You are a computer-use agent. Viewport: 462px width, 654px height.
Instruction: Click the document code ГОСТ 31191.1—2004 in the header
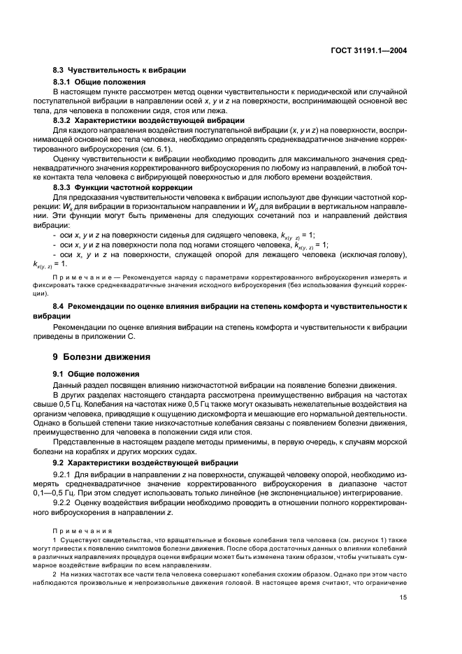click(x=369, y=50)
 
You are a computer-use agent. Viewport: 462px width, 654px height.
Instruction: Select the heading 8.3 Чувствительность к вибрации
click(x=119, y=71)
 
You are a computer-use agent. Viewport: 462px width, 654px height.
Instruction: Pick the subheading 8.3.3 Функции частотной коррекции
click(x=123, y=187)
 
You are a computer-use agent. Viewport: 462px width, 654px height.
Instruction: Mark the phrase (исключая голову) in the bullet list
click(x=373, y=255)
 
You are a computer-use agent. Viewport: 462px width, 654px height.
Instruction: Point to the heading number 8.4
click(x=61, y=306)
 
